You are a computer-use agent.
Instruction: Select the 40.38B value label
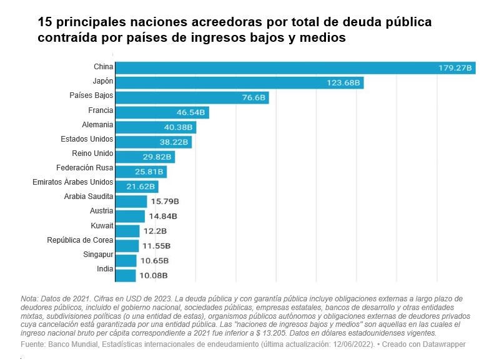tap(177, 127)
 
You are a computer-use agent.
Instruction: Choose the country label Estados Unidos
tap(87, 139)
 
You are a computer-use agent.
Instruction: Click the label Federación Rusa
tap(84, 168)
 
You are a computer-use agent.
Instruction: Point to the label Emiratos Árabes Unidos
tap(73, 182)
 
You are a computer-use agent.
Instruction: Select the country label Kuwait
tap(102, 225)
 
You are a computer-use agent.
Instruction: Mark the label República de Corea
tap(80, 240)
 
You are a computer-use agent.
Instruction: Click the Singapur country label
tap(98, 255)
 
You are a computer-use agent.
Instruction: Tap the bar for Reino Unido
tap(146, 157)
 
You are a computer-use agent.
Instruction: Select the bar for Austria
tap(131, 216)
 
